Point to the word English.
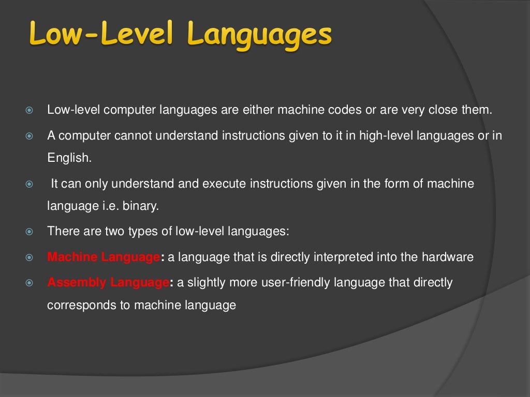(69, 158)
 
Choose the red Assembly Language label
(108, 282)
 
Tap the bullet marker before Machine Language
(30, 257)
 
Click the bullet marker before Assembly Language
(30, 283)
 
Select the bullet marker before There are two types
(30, 231)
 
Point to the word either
(261, 110)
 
